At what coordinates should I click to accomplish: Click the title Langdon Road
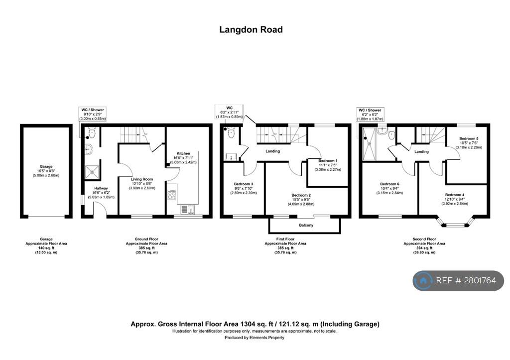(251, 30)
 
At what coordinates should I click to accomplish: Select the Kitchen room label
(183, 153)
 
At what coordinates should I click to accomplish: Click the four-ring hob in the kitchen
(172, 195)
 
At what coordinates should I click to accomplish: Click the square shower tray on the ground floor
(92, 171)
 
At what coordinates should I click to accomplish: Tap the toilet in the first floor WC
(230, 133)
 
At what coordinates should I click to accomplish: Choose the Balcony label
(306, 226)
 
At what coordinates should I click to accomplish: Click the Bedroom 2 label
(301, 195)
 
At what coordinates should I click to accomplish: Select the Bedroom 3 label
(244, 184)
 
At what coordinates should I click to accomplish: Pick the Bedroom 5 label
(469, 138)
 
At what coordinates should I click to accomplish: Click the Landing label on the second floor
(421, 151)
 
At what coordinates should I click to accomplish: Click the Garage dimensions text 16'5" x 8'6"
(46, 171)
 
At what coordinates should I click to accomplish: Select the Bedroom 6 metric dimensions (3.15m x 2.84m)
(390, 192)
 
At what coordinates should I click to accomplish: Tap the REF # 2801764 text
(466, 281)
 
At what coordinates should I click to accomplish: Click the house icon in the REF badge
(424, 281)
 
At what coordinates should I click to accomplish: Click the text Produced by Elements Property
(255, 338)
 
